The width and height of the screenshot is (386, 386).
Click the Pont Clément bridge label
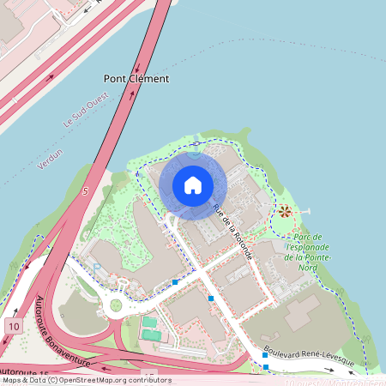(x=136, y=78)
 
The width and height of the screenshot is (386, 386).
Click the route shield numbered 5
(x=85, y=191)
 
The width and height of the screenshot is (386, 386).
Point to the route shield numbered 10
(x=15, y=326)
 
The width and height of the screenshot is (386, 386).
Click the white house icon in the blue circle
(x=193, y=184)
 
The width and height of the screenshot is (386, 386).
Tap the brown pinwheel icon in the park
(x=284, y=210)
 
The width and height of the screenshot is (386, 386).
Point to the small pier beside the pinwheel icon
(x=303, y=210)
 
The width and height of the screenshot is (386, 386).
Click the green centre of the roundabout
(x=116, y=305)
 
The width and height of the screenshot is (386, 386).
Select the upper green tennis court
(x=150, y=323)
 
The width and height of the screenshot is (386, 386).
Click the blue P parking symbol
(x=96, y=268)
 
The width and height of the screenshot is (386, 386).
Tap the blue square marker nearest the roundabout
(x=175, y=281)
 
